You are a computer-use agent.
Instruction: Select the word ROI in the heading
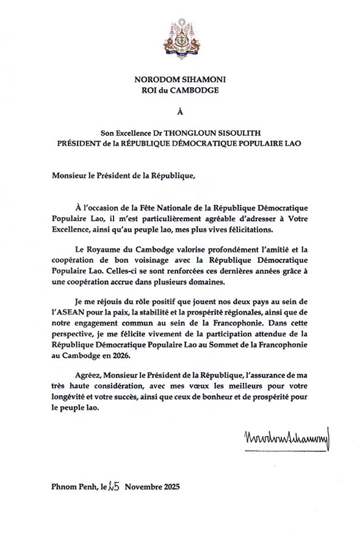point(150,91)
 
